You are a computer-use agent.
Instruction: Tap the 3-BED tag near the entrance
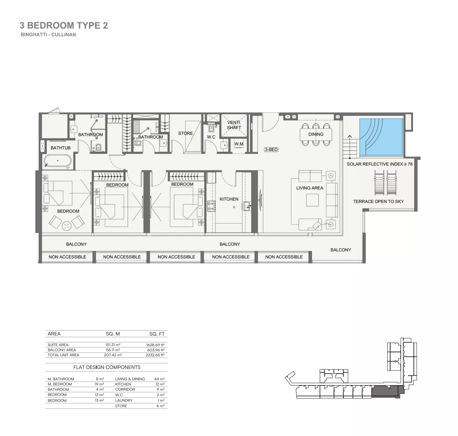[271, 150]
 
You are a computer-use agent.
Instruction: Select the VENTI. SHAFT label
[234, 125]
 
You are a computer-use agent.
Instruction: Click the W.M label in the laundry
[239, 144]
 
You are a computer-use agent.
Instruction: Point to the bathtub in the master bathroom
[58, 161]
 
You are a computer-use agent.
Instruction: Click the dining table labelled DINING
[316, 135]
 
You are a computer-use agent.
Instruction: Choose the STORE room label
[186, 133]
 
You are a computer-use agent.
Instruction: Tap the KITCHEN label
[229, 199]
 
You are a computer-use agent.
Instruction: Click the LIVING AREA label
[309, 188]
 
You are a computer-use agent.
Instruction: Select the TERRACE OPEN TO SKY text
[378, 201]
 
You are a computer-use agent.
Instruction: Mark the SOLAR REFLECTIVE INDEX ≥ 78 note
[379, 164]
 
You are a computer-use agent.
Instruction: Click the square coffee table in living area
[312, 200]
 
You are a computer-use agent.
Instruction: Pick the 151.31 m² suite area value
[113, 345]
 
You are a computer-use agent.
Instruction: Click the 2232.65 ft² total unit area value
[155, 355]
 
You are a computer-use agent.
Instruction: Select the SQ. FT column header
[157, 334]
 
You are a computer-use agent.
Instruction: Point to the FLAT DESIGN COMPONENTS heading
[107, 367]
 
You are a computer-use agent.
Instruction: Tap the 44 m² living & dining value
[159, 379]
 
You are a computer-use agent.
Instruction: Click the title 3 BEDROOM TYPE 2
[64, 26]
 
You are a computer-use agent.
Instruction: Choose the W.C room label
[211, 137]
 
